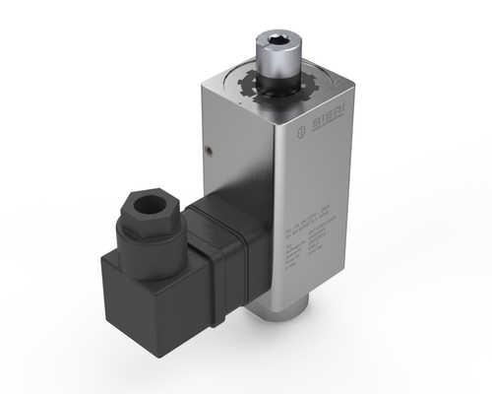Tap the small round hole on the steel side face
coord(209,150)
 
